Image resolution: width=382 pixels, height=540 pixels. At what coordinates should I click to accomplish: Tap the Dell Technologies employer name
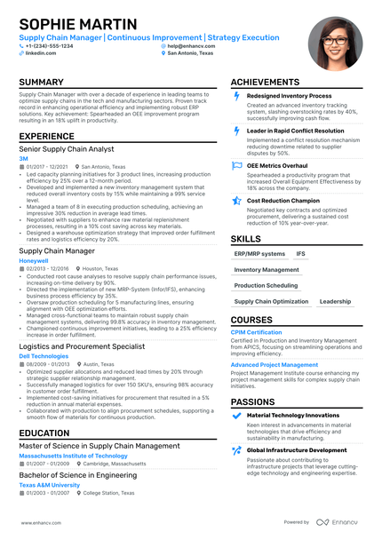coord(43,355)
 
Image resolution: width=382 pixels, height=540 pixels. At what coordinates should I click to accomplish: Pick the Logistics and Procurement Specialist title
coord(81,346)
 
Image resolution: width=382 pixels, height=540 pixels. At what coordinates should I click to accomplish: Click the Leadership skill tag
coord(335,301)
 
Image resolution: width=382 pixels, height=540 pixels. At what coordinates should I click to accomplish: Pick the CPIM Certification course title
coord(257,332)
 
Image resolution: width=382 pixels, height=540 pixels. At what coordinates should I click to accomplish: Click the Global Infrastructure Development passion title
coord(296,450)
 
